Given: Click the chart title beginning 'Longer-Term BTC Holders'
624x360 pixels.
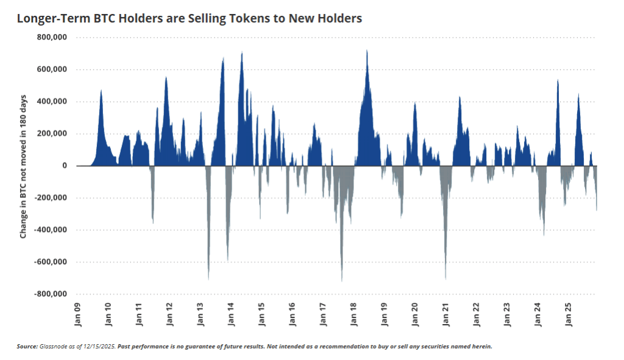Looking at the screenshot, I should pyautogui.click(x=190, y=19).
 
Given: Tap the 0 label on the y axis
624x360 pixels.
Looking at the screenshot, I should pyautogui.click(x=63, y=166).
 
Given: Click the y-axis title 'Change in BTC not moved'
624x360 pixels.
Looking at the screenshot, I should pyautogui.click(x=23, y=166).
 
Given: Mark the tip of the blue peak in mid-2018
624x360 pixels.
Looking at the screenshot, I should pyautogui.click(x=367, y=51).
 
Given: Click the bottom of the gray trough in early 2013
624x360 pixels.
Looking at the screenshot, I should pyautogui.click(x=208, y=280).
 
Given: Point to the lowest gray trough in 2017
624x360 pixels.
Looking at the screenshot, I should pyautogui.click(x=342, y=281).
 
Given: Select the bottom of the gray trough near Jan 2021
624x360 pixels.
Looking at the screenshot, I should pyautogui.click(x=446, y=279).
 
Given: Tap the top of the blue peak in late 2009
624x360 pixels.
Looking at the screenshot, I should pyautogui.click(x=101, y=90).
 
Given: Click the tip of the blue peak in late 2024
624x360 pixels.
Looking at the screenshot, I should pyautogui.click(x=558, y=80).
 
